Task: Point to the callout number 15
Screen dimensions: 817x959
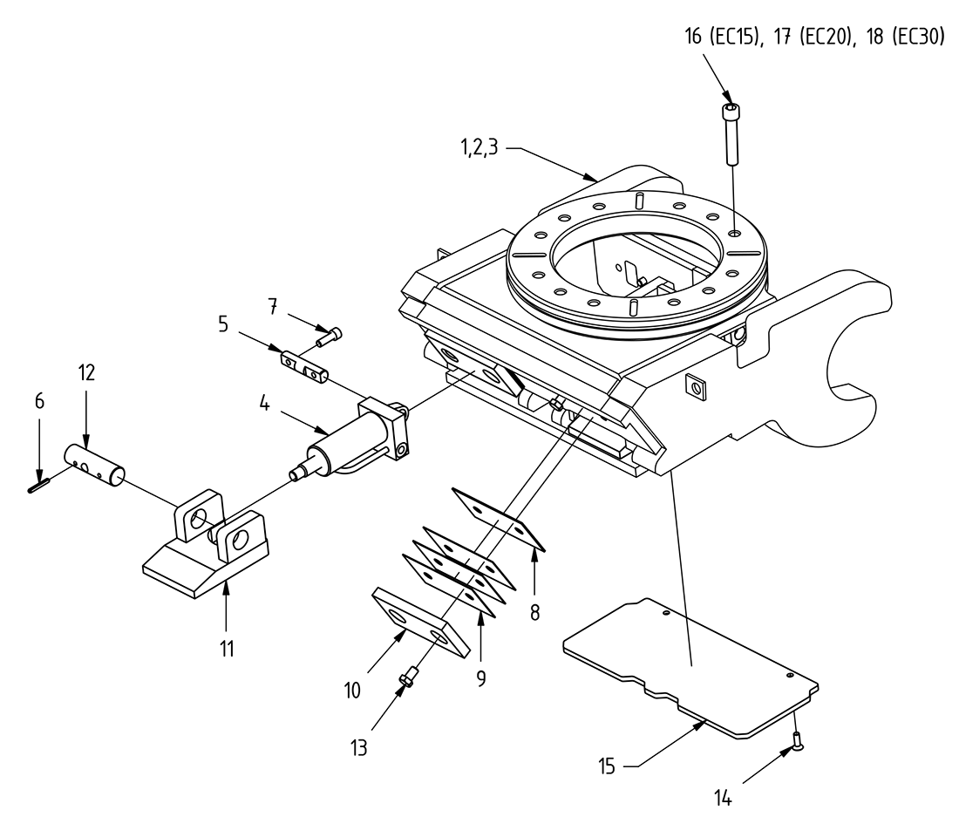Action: click(x=608, y=767)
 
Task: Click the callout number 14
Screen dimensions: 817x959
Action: click(x=723, y=798)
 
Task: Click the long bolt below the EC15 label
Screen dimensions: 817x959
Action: click(x=730, y=135)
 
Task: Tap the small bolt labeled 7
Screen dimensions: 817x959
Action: click(x=330, y=335)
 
